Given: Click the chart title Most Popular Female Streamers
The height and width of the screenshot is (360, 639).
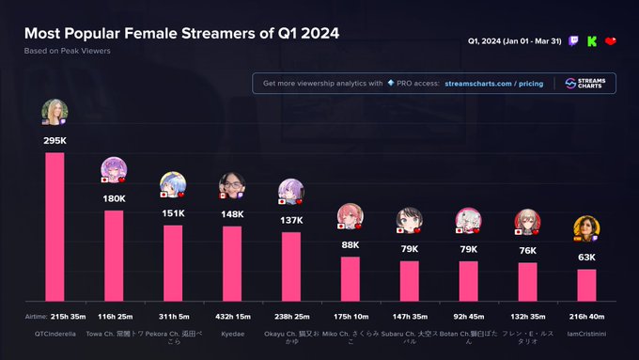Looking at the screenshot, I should [x=181, y=33].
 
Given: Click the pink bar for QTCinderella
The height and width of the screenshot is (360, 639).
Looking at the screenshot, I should [x=55, y=226].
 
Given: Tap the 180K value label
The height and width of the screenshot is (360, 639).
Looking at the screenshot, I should [x=114, y=198].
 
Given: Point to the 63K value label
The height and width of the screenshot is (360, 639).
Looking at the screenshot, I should [x=586, y=258].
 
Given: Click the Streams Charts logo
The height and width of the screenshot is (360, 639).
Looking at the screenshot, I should [x=584, y=84].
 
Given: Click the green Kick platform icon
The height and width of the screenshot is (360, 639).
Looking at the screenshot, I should [x=591, y=41].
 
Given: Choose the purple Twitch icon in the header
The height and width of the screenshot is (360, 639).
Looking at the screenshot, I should [x=574, y=41].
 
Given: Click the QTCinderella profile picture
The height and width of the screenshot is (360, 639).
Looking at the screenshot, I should [x=55, y=113].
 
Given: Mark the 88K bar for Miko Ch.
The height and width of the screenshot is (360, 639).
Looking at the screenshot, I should [x=351, y=277].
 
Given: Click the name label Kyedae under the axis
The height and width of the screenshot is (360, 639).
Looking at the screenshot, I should [x=232, y=334].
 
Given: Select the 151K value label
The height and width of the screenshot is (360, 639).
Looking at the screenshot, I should [x=173, y=213].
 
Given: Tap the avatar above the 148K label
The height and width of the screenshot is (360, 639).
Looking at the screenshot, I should [x=231, y=185].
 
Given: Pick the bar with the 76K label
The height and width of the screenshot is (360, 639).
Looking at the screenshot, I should [x=527, y=281].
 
